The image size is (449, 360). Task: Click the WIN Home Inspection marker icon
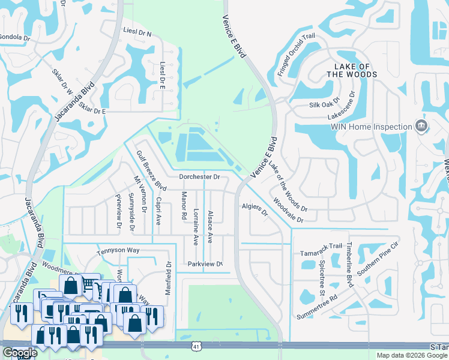click(421, 126)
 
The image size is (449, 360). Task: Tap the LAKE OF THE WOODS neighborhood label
click(352, 70)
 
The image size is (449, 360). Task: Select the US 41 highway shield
click(196, 346)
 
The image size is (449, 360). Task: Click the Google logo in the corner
click(19, 353)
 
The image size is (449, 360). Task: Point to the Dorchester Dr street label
click(200, 177)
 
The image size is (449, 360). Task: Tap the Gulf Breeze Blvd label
click(151, 171)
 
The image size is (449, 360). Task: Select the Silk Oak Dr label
click(325, 104)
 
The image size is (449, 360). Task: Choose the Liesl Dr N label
click(137, 34)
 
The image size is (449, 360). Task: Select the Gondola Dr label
click(15, 37)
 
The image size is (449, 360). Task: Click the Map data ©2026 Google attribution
click(412, 355)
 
